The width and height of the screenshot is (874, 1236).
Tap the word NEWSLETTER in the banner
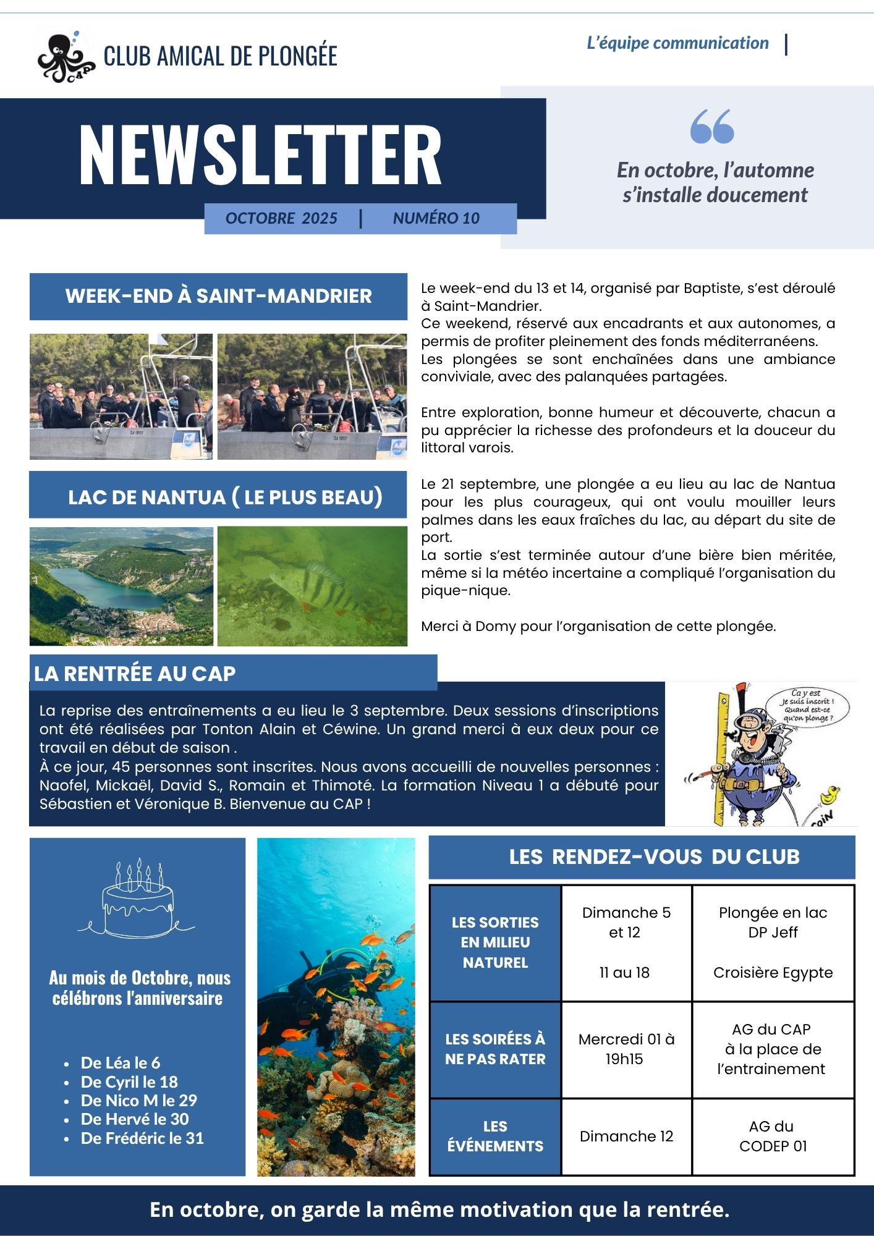(260, 155)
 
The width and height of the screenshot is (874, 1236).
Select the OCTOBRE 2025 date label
(281, 218)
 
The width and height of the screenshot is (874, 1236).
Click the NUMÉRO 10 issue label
(436, 218)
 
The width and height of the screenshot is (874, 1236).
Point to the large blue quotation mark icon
(712, 127)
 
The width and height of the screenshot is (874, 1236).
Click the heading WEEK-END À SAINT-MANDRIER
(218, 296)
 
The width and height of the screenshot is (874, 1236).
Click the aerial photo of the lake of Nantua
(121, 586)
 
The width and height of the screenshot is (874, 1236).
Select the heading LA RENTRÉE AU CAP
(135, 673)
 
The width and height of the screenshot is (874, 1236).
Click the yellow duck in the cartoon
(829, 795)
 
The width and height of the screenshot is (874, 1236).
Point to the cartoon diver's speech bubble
(806, 705)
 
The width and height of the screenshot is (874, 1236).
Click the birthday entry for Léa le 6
(121, 1062)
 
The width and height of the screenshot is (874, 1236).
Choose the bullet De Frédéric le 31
(142, 1138)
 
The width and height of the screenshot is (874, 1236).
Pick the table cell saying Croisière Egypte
(773, 973)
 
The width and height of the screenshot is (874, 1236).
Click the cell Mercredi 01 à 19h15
(626, 1049)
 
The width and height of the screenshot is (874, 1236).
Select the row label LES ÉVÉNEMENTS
(495, 1136)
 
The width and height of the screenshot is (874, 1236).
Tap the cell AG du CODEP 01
(773, 1136)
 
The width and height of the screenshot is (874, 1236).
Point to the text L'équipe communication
(677, 43)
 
